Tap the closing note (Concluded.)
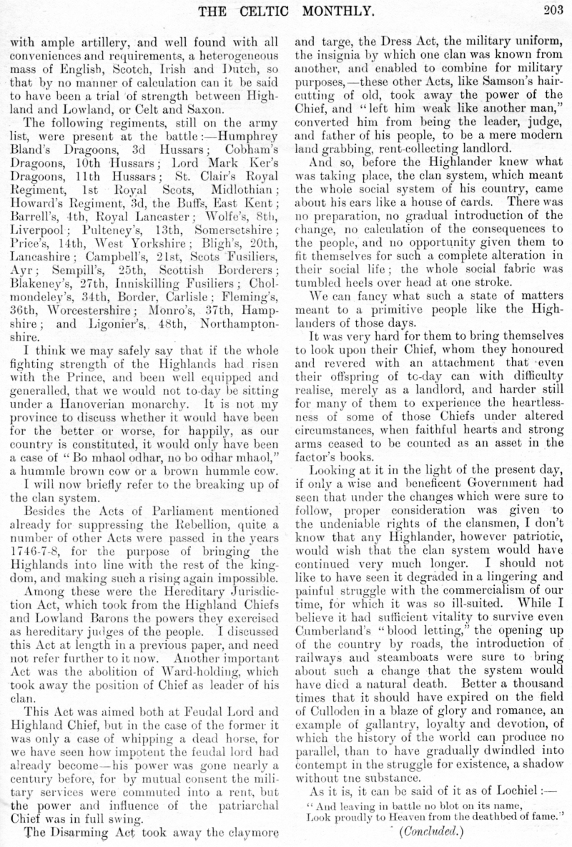(423, 831)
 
